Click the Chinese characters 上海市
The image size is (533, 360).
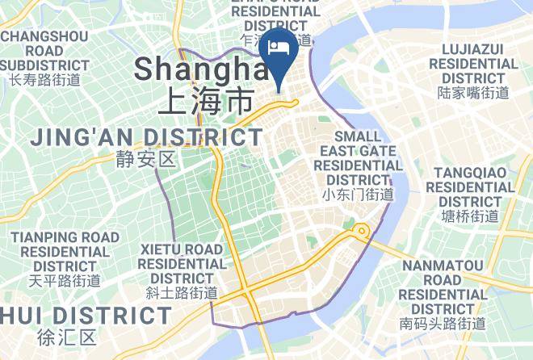(x=206, y=102)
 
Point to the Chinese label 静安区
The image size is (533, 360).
(x=145, y=159)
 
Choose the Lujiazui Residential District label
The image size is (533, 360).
(x=473, y=63)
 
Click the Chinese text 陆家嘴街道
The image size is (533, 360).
(x=473, y=93)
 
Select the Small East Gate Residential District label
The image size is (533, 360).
(x=358, y=157)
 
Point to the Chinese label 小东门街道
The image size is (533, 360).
(x=358, y=195)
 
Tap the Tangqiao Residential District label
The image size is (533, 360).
(x=473, y=187)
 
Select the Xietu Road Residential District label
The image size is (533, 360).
(x=182, y=263)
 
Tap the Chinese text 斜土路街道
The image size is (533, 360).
(x=182, y=292)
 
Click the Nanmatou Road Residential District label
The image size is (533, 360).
(x=443, y=287)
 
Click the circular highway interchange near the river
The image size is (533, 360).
(x=360, y=232)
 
